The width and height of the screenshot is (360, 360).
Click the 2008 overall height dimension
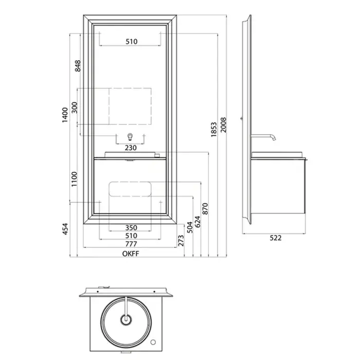pyautogui.click(x=223, y=125)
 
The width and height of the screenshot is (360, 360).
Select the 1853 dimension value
pyautogui.click(x=214, y=130)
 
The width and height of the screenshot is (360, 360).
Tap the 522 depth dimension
pyautogui.click(x=275, y=238)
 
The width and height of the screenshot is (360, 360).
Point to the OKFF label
pyautogui.click(x=131, y=254)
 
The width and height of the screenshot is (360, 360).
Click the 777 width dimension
pyautogui.click(x=131, y=244)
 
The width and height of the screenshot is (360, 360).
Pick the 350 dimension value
pyautogui.click(x=131, y=228)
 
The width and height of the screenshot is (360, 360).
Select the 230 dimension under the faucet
pyautogui.click(x=131, y=148)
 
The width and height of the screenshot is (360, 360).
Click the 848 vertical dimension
pyautogui.click(x=78, y=66)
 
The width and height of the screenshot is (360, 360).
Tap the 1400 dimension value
pyautogui.click(x=65, y=115)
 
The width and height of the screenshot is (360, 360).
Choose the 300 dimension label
pyautogui.click(x=75, y=107)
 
